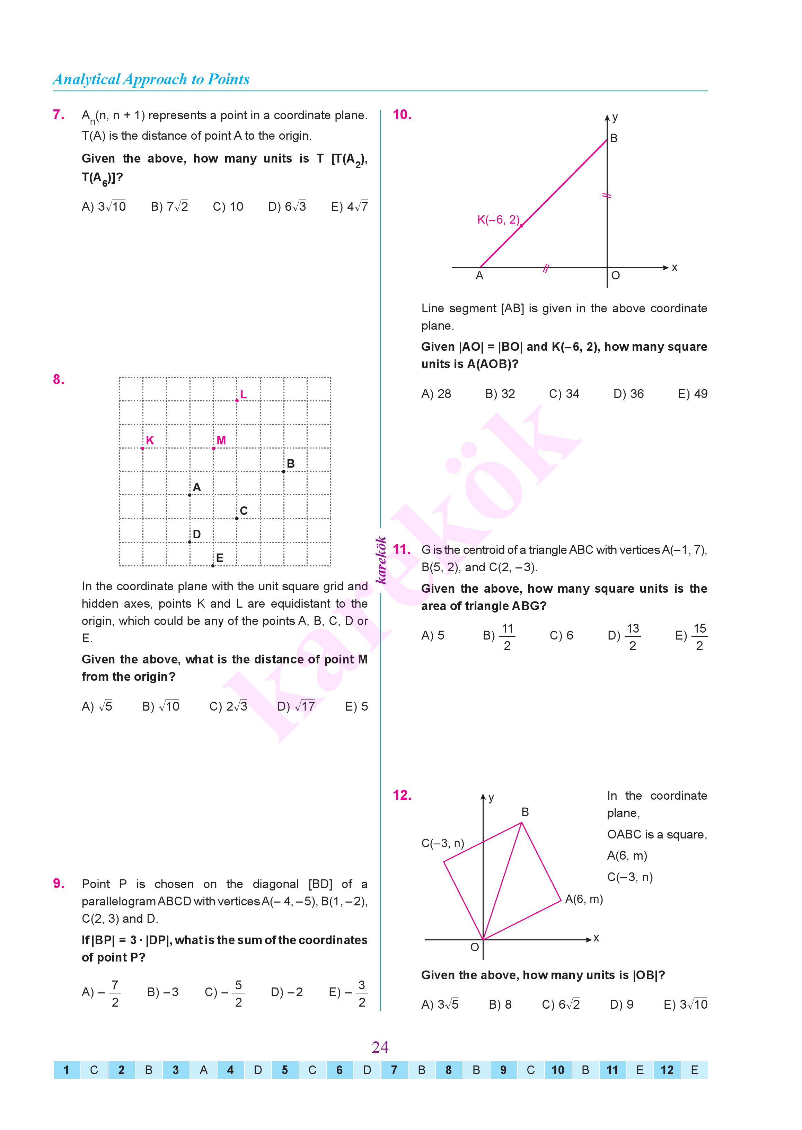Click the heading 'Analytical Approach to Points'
(x=151, y=79)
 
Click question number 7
(x=58, y=115)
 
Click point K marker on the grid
(x=143, y=448)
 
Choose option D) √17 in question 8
(x=296, y=706)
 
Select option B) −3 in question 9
(x=163, y=992)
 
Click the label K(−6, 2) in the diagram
(x=498, y=220)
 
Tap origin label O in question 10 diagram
(x=615, y=276)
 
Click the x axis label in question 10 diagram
(x=675, y=268)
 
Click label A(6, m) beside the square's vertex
(x=584, y=899)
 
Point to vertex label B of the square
(x=525, y=812)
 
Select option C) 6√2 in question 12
(x=561, y=1004)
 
